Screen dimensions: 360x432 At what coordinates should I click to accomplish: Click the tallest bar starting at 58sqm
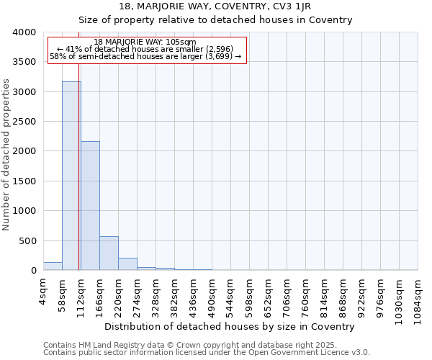pyautogui.click(x=71, y=176)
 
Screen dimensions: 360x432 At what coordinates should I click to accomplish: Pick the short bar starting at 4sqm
pyautogui.click(x=53, y=266)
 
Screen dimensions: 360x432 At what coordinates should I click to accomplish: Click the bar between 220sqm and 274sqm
pyautogui.click(x=127, y=264)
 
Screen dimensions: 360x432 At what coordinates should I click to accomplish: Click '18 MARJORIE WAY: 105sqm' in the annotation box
pyautogui.click(x=145, y=42)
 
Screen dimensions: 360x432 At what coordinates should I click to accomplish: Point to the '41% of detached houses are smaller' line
pyautogui.click(x=145, y=49)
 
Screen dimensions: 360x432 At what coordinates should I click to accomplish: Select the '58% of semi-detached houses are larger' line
pyautogui.click(x=145, y=56)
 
